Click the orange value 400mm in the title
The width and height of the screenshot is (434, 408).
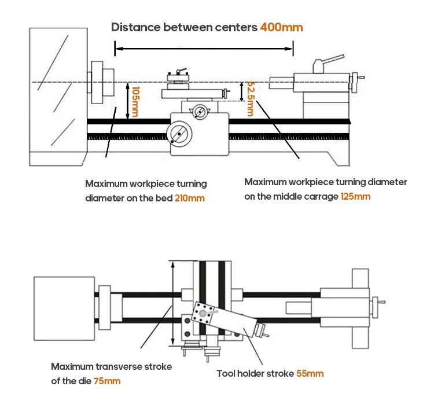point(281,27)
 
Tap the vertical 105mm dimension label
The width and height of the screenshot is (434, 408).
point(134,102)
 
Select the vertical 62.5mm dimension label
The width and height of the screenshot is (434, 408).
point(250,98)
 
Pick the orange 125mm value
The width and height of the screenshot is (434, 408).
point(356,196)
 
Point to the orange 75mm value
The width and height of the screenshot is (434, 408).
point(108,381)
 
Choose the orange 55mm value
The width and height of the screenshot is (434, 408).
point(310,373)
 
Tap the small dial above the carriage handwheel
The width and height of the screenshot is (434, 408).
point(200,112)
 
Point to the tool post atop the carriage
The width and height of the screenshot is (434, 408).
point(178,79)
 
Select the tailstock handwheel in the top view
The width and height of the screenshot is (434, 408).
point(379,302)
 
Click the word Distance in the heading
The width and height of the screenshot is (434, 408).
point(135,27)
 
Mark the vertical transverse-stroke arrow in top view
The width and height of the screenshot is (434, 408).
point(172,304)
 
